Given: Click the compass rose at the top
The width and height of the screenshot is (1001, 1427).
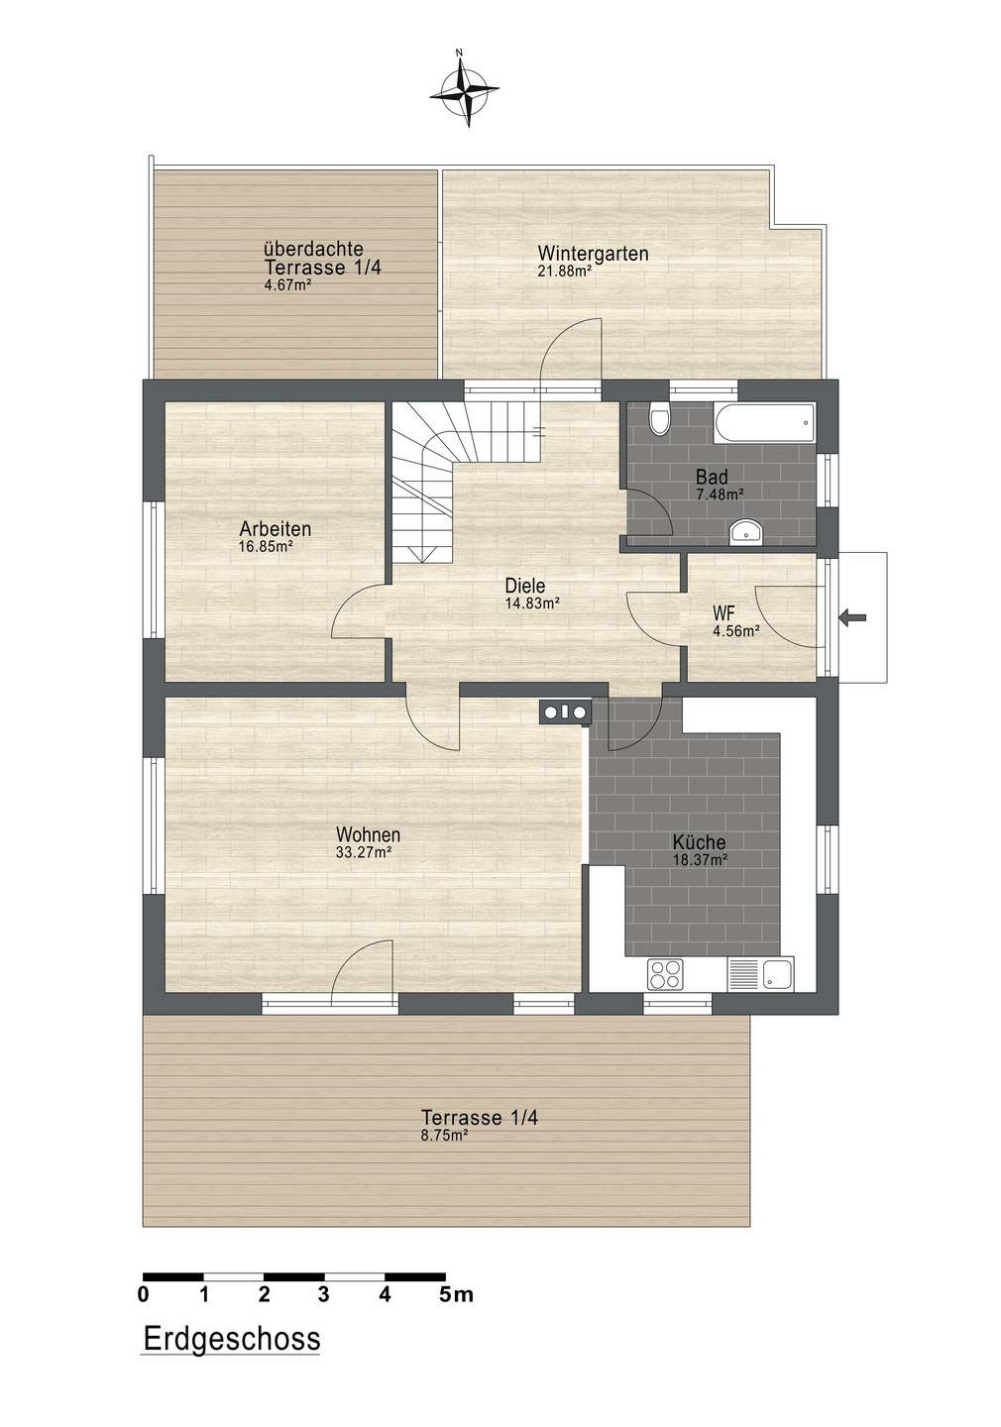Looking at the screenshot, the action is pyautogui.click(x=464, y=91).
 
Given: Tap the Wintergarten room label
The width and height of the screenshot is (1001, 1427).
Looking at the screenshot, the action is pyautogui.click(x=593, y=254).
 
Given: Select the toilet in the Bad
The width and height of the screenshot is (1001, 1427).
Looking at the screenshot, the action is pyautogui.click(x=658, y=418).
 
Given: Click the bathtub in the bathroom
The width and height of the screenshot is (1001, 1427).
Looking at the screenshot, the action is pyautogui.click(x=764, y=423).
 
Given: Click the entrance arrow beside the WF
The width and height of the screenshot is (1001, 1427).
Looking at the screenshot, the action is pyautogui.click(x=853, y=616).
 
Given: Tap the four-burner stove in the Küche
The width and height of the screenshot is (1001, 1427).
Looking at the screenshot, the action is pyautogui.click(x=665, y=974).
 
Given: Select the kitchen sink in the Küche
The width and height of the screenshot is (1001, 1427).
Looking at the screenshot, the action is pyautogui.click(x=760, y=974).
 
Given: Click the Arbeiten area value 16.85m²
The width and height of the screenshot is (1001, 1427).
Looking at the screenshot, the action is pyautogui.click(x=266, y=546).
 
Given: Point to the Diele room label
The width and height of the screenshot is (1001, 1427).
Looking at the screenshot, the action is pyautogui.click(x=525, y=585).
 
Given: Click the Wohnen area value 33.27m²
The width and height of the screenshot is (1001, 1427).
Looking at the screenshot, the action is pyautogui.click(x=363, y=852).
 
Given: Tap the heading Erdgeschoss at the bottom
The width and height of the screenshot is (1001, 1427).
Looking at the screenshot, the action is pyautogui.click(x=232, y=1339).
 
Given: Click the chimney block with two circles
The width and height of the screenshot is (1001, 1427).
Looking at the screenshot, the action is pyautogui.click(x=565, y=711).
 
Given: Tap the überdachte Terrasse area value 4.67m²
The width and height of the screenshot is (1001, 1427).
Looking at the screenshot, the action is pyautogui.click(x=287, y=284).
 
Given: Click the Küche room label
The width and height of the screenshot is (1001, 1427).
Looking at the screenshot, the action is pyautogui.click(x=699, y=842).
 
